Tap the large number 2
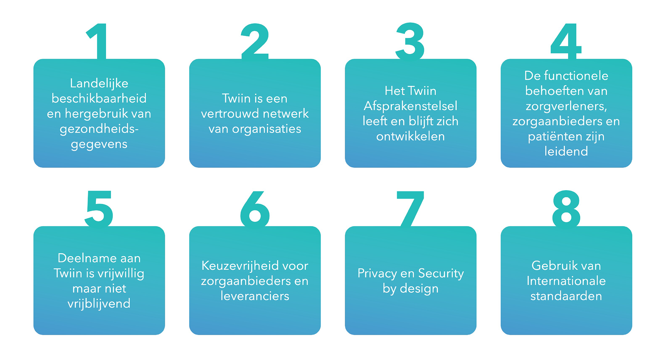click(255, 42)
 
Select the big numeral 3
click(410, 42)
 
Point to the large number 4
click(566, 42)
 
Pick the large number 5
click(99, 209)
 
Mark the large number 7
click(410, 209)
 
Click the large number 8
click(566, 209)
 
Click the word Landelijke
click(99, 83)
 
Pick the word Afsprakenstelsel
click(410, 106)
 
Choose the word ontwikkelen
click(410, 136)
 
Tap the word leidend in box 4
click(566, 152)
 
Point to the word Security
click(441, 274)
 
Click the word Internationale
click(566, 281)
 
